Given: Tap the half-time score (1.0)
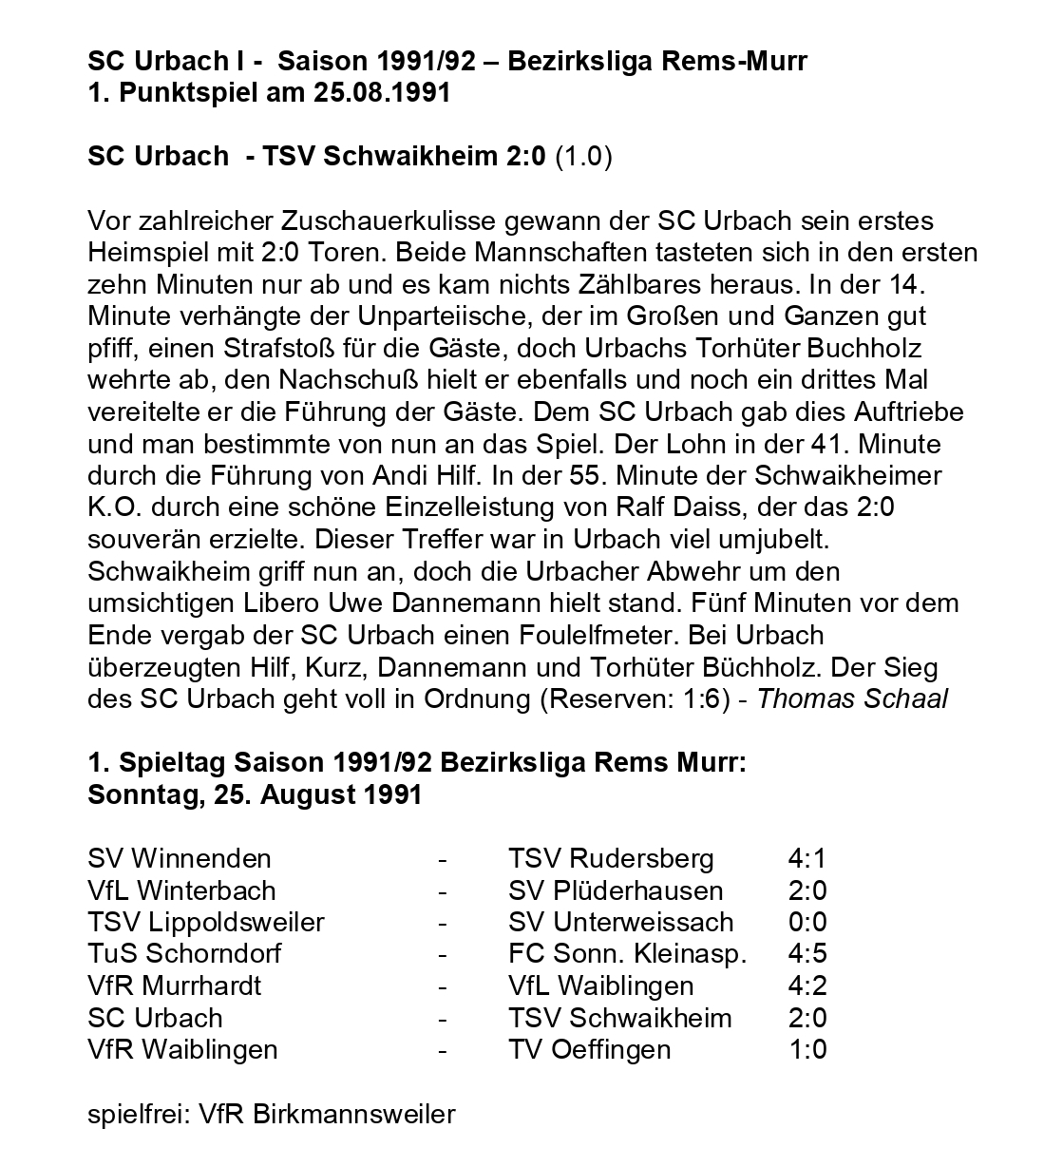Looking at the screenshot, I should [583, 156].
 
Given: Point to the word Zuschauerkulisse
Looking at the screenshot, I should [389, 221].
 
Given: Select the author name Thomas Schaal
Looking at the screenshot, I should [853, 698].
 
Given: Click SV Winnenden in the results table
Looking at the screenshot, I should [179, 858].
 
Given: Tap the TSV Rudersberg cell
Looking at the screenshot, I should [611, 858].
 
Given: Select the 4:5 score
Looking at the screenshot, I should [807, 953].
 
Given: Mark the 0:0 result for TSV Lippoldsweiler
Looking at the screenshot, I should [807, 922].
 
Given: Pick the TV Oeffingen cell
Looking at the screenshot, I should [589, 1049].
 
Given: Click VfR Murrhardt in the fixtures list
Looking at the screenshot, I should [174, 985].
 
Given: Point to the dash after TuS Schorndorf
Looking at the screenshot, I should [442, 953].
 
